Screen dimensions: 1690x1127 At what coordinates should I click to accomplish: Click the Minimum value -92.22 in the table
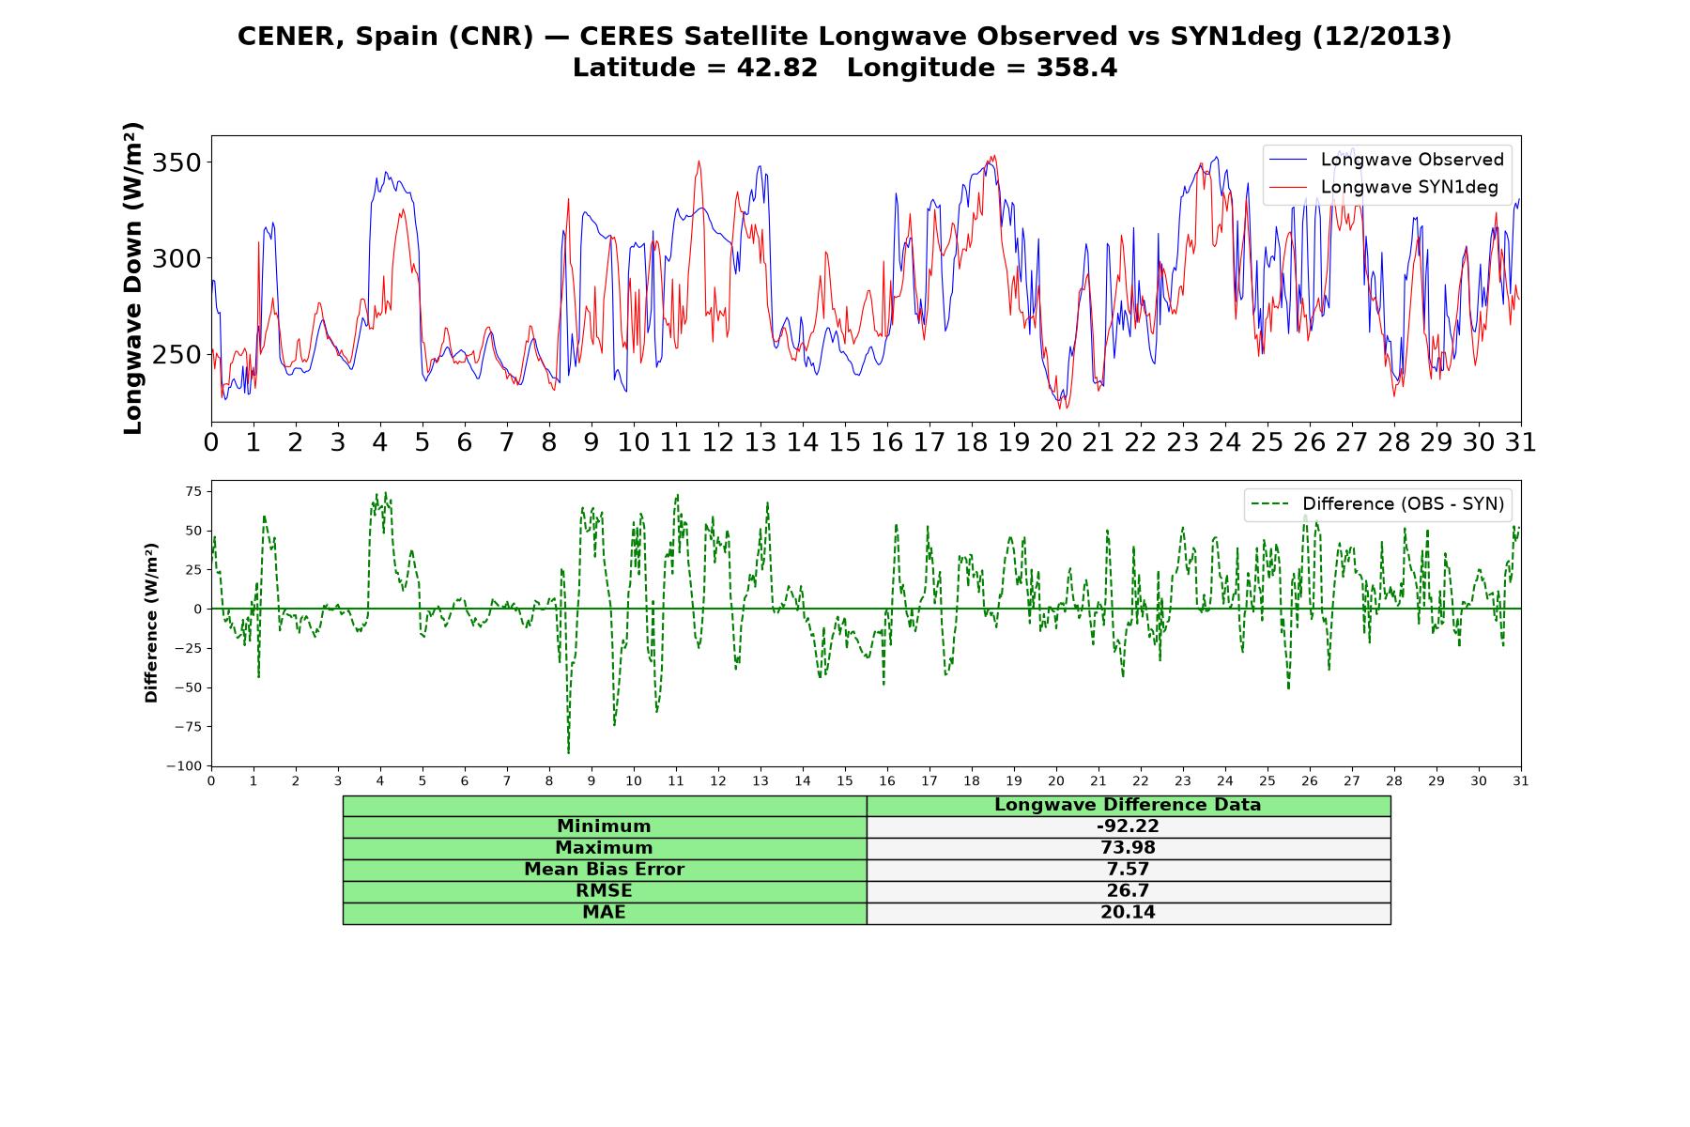(1128, 826)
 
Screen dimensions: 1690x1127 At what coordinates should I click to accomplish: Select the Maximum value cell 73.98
(1128, 848)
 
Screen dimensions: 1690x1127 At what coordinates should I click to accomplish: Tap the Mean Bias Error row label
(604, 870)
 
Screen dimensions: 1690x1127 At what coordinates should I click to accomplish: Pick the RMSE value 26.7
(1128, 891)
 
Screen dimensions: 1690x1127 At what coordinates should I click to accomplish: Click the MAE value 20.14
(1128, 913)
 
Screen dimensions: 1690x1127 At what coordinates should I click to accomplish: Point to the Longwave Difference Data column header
(1128, 805)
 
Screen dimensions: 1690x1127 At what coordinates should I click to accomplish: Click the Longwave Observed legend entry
(1387, 160)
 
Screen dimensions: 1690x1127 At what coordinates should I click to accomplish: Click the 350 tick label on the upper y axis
(177, 162)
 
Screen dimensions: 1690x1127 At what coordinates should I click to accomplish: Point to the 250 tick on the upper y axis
(177, 355)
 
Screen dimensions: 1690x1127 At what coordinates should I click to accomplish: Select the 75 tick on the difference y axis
(194, 490)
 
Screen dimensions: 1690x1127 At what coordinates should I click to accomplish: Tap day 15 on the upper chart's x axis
(845, 442)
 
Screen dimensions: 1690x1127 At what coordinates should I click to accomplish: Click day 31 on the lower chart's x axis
(1521, 780)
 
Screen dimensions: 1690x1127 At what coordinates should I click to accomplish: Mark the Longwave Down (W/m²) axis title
(132, 278)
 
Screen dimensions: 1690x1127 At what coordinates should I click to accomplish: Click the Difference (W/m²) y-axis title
(151, 624)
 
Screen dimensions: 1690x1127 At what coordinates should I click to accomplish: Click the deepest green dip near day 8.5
(568, 751)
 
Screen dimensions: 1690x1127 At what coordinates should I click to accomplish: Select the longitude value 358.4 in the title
(1077, 68)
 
